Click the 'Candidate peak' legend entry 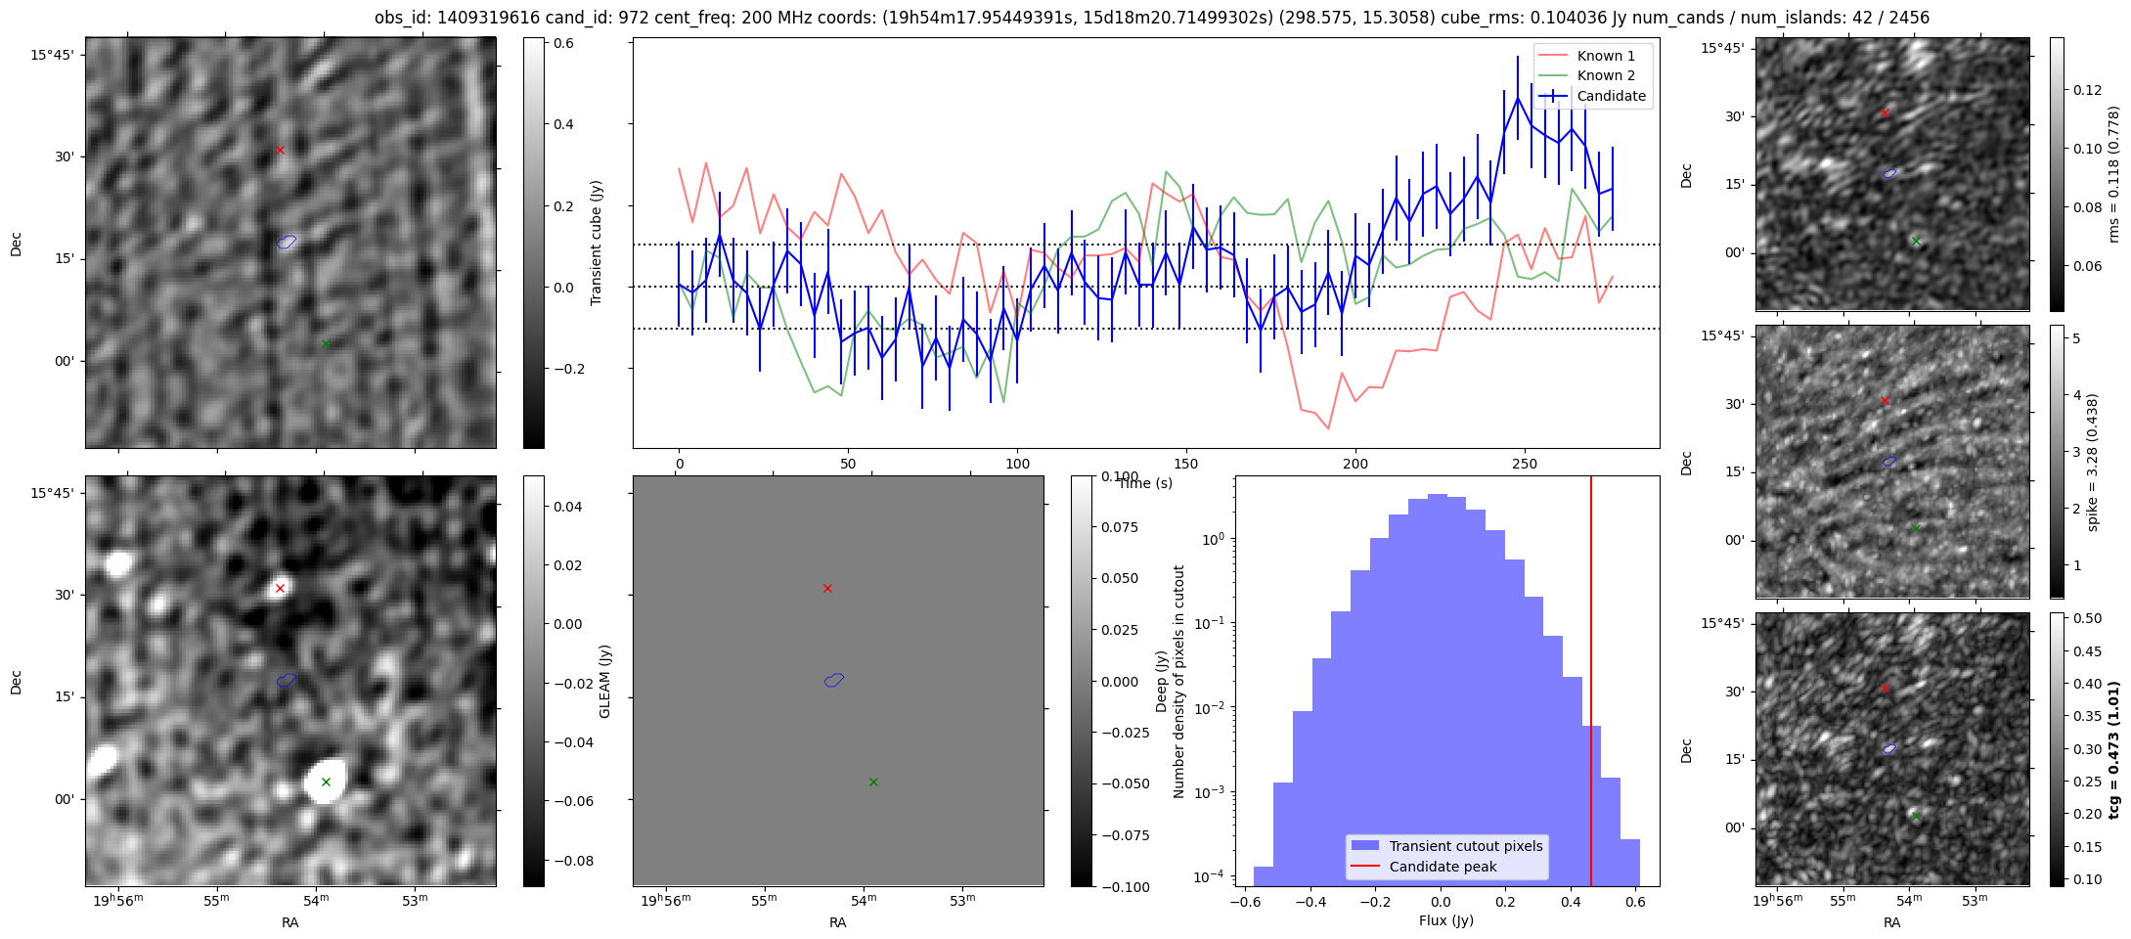tap(1443, 867)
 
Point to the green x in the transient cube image tap(326, 343)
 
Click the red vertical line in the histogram tap(1591, 685)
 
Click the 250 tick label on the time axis tap(1525, 464)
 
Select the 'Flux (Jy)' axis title tap(1446, 920)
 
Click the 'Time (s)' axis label tap(1145, 483)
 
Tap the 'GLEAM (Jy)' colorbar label tap(604, 681)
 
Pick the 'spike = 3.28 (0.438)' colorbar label tap(2093, 462)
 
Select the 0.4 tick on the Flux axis tap(1571, 901)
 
